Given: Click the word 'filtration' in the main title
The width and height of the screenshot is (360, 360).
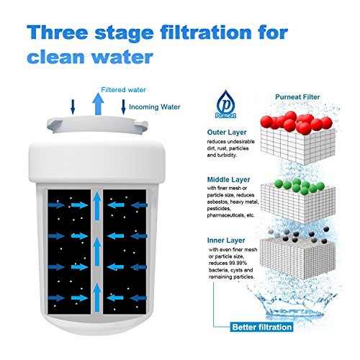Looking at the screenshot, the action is tap(206, 32).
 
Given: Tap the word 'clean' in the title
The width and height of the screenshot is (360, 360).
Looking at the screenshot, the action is tap(56, 57).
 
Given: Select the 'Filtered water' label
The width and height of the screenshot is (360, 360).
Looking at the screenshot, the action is tap(123, 90).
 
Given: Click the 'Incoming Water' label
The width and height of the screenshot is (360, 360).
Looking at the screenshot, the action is tap(155, 107).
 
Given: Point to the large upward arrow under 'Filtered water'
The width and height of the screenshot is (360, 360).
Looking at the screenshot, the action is tap(98, 104).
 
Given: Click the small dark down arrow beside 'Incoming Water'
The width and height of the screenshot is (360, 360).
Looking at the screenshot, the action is tap(123, 107).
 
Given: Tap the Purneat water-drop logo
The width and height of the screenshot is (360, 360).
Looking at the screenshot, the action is tap(225, 104).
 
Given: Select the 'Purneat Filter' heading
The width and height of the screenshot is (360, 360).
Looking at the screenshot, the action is tap(297, 97).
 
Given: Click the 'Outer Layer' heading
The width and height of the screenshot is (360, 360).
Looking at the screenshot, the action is tap(227, 132).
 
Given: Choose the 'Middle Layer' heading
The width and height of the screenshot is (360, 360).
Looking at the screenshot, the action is tap(228, 179).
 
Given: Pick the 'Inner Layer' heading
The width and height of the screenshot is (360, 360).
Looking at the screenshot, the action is tap(226, 240).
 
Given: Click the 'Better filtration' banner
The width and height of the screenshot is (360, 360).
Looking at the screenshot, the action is tap(261, 327).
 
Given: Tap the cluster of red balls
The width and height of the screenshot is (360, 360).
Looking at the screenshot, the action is tap(297, 122).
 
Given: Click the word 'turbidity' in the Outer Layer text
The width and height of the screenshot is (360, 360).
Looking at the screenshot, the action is tap(227, 156).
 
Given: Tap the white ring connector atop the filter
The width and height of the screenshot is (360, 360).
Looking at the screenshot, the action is tap(97, 125).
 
